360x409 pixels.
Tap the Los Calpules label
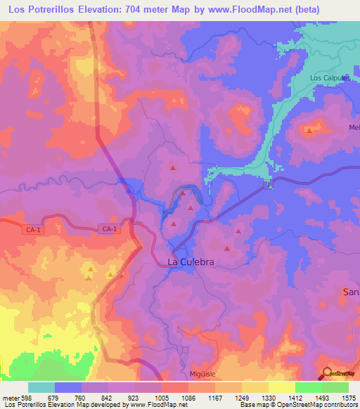[330, 78]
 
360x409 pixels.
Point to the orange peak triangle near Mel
[309, 129]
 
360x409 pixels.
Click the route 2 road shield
[268, 184]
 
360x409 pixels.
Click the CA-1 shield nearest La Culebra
[108, 229]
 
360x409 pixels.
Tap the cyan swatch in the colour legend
[41, 387]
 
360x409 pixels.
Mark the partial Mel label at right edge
[354, 127]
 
